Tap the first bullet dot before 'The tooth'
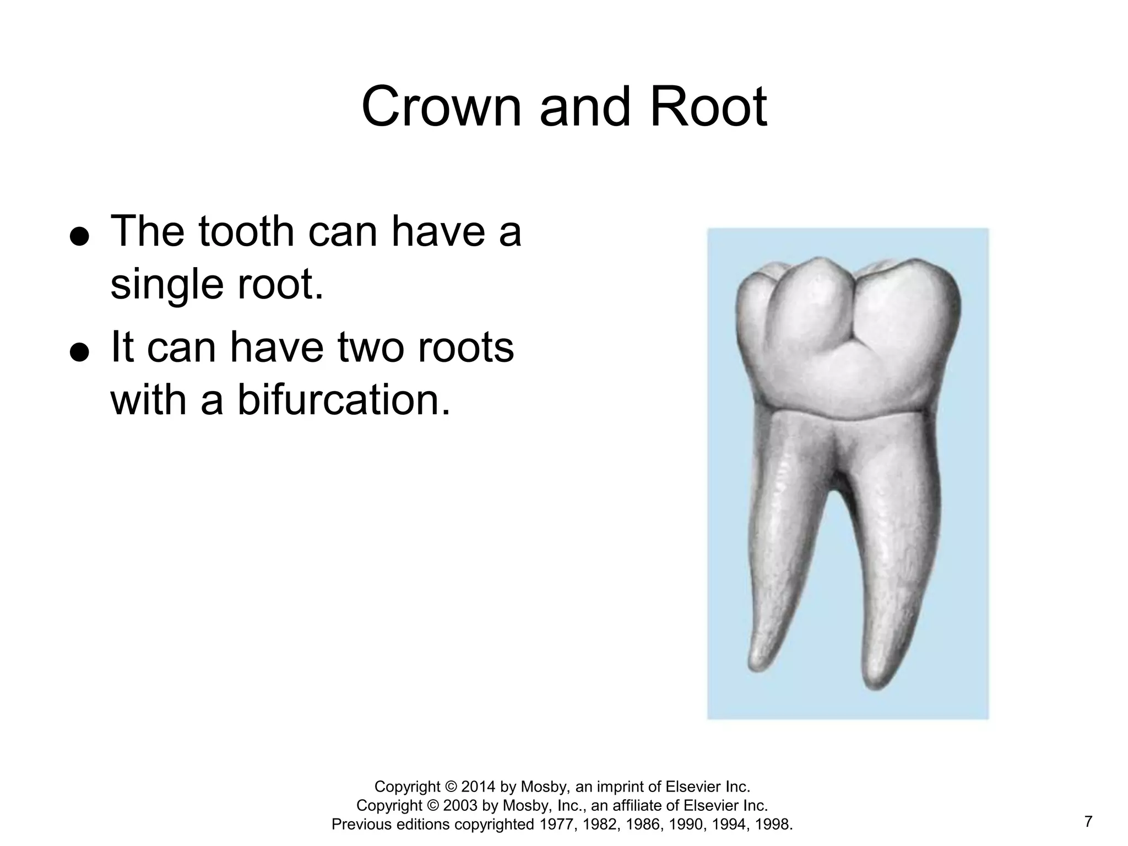(79, 237)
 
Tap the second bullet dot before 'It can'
(79, 352)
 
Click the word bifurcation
(344, 400)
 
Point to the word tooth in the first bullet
(246, 232)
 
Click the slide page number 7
(1088, 822)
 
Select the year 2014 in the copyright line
(478, 787)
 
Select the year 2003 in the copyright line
(460, 806)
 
